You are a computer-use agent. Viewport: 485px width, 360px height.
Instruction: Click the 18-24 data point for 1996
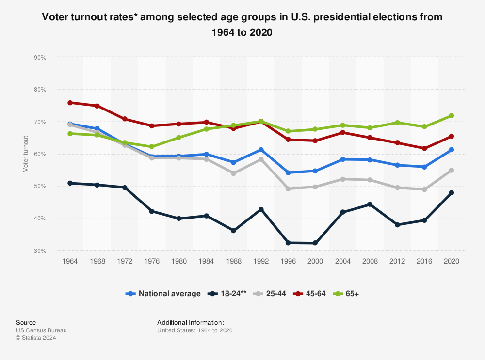[289, 243]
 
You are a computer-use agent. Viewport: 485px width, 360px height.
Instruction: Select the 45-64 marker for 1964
[70, 103]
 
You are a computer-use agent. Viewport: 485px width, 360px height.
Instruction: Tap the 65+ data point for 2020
[451, 116]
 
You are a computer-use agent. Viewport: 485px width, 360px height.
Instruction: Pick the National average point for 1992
[261, 150]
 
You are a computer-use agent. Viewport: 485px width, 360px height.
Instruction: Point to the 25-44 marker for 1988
[234, 173]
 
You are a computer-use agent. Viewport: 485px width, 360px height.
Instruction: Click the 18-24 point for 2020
[451, 193]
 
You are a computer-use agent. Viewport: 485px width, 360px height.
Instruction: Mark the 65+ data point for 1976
[152, 146]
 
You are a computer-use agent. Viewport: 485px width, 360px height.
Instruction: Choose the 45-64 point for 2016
[424, 148]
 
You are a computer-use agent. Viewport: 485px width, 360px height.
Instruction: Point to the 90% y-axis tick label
[40, 58]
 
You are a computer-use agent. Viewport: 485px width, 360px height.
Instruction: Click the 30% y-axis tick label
[40, 251]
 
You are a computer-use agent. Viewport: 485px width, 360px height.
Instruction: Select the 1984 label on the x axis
[207, 261]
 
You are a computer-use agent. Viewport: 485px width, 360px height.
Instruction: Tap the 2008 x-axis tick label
[370, 261]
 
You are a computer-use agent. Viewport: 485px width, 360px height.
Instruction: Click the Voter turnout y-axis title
[25, 154]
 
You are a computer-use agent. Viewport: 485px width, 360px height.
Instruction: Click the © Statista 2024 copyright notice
[36, 338]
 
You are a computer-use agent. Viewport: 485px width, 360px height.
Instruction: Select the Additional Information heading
[191, 322]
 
